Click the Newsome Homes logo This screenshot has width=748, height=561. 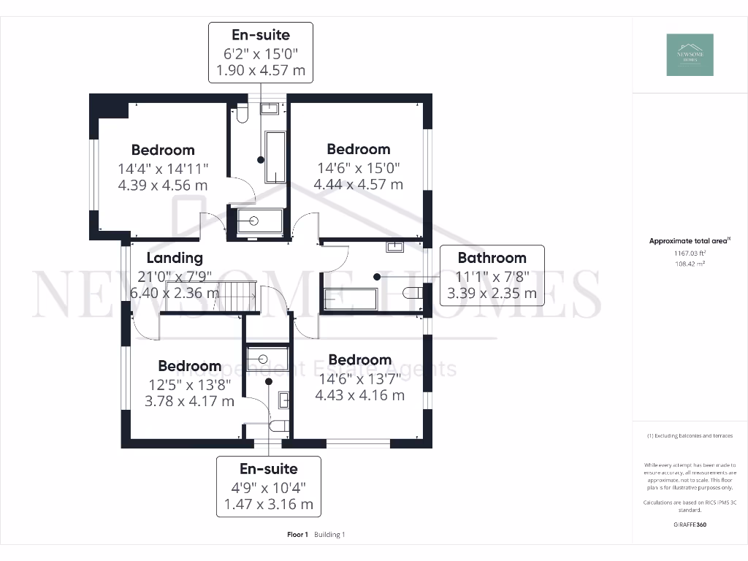pos(690,55)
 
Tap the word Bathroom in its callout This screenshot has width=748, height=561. pos(492,258)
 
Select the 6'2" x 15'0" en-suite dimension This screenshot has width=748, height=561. pos(261,53)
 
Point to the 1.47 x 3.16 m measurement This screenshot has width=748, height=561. pos(269,504)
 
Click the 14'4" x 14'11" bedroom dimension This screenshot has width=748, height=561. pos(163,168)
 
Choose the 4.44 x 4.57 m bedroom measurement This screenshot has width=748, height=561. pos(358,184)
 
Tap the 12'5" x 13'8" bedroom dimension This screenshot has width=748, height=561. pos(189,383)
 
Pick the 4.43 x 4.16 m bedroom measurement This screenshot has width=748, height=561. pos(359,395)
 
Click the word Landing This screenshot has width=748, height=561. pos(175,258)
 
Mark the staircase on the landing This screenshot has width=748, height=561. pos(236,297)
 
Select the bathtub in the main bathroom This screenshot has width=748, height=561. pos(351,299)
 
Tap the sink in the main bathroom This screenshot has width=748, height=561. pos(395,246)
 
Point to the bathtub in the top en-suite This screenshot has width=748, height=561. pos(275,157)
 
